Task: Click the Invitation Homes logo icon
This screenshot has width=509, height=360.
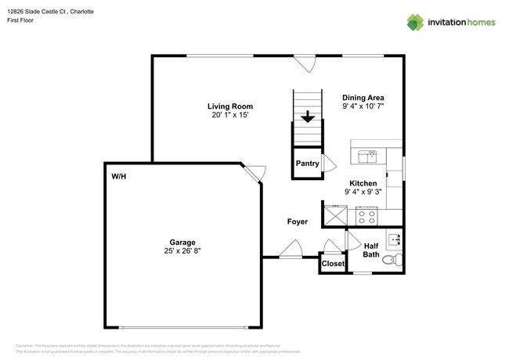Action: click(415, 22)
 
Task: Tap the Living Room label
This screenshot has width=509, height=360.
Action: click(229, 106)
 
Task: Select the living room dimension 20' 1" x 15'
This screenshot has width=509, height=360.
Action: click(229, 116)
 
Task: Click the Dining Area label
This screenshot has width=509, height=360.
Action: click(363, 98)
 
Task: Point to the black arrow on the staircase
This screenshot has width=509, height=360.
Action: click(308, 117)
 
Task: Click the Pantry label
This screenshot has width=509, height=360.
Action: click(306, 164)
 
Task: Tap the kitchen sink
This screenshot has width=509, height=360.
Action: click(366, 157)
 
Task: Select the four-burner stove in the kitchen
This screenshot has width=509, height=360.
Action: click(366, 215)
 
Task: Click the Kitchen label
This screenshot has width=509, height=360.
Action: click(363, 184)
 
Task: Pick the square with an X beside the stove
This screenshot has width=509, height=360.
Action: click(336, 215)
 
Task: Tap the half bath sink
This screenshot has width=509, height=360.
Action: click(395, 239)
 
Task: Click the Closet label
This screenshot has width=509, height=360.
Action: click(333, 264)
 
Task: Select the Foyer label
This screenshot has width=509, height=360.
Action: click(297, 222)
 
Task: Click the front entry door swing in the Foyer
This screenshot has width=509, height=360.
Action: click(291, 250)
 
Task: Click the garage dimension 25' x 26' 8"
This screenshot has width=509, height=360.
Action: click(182, 251)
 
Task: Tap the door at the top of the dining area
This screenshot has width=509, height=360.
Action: click(304, 62)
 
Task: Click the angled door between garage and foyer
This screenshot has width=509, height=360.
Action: click(254, 174)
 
